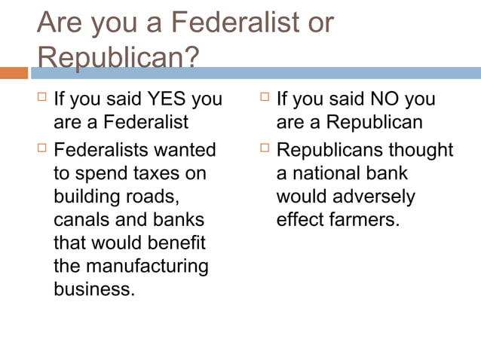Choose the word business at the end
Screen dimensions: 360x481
pyautogui.click(x=93, y=290)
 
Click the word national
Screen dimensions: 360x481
pyautogui.click(x=326, y=173)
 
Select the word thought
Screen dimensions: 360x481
pyautogui.click(x=421, y=150)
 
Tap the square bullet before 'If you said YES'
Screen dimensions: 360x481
pyautogui.click(x=41, y=98)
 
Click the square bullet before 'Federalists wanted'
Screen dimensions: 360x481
pyautogui.click(x=41, y=148)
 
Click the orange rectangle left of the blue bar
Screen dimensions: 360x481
pyautogui.click(x=14, y=73)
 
